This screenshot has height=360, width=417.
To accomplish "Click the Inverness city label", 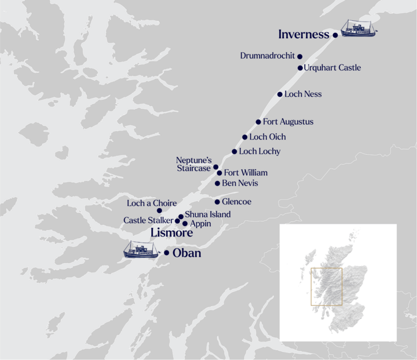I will point(303,34).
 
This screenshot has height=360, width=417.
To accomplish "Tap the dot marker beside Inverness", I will point(335,35).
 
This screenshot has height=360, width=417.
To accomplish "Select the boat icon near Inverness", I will point(359,28).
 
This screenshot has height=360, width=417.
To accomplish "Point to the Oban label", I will point(186,253).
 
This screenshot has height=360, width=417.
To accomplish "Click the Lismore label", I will point(171,233).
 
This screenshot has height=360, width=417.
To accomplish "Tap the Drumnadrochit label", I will point(267,56).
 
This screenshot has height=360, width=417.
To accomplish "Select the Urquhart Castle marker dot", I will point(300,68).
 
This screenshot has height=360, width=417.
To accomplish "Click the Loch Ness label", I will point(303,94).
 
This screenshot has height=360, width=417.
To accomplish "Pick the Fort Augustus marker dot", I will point(258,122).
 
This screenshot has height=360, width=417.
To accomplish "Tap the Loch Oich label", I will point(267,137).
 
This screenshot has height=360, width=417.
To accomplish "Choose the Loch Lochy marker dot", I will point(234,151).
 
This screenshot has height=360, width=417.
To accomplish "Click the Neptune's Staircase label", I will point(194,163).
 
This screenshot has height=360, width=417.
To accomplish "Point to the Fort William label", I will point(246,173).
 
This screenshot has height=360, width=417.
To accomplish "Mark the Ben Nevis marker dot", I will point(217,183).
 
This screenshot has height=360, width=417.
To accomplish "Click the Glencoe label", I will point(236,202).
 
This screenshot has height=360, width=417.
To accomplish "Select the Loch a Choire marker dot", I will point(159,210).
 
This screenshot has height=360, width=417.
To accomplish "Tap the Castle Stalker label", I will point(148,220).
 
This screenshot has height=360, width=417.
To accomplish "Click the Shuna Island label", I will point(207,214).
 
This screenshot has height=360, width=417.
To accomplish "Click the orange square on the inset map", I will point(327,286).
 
